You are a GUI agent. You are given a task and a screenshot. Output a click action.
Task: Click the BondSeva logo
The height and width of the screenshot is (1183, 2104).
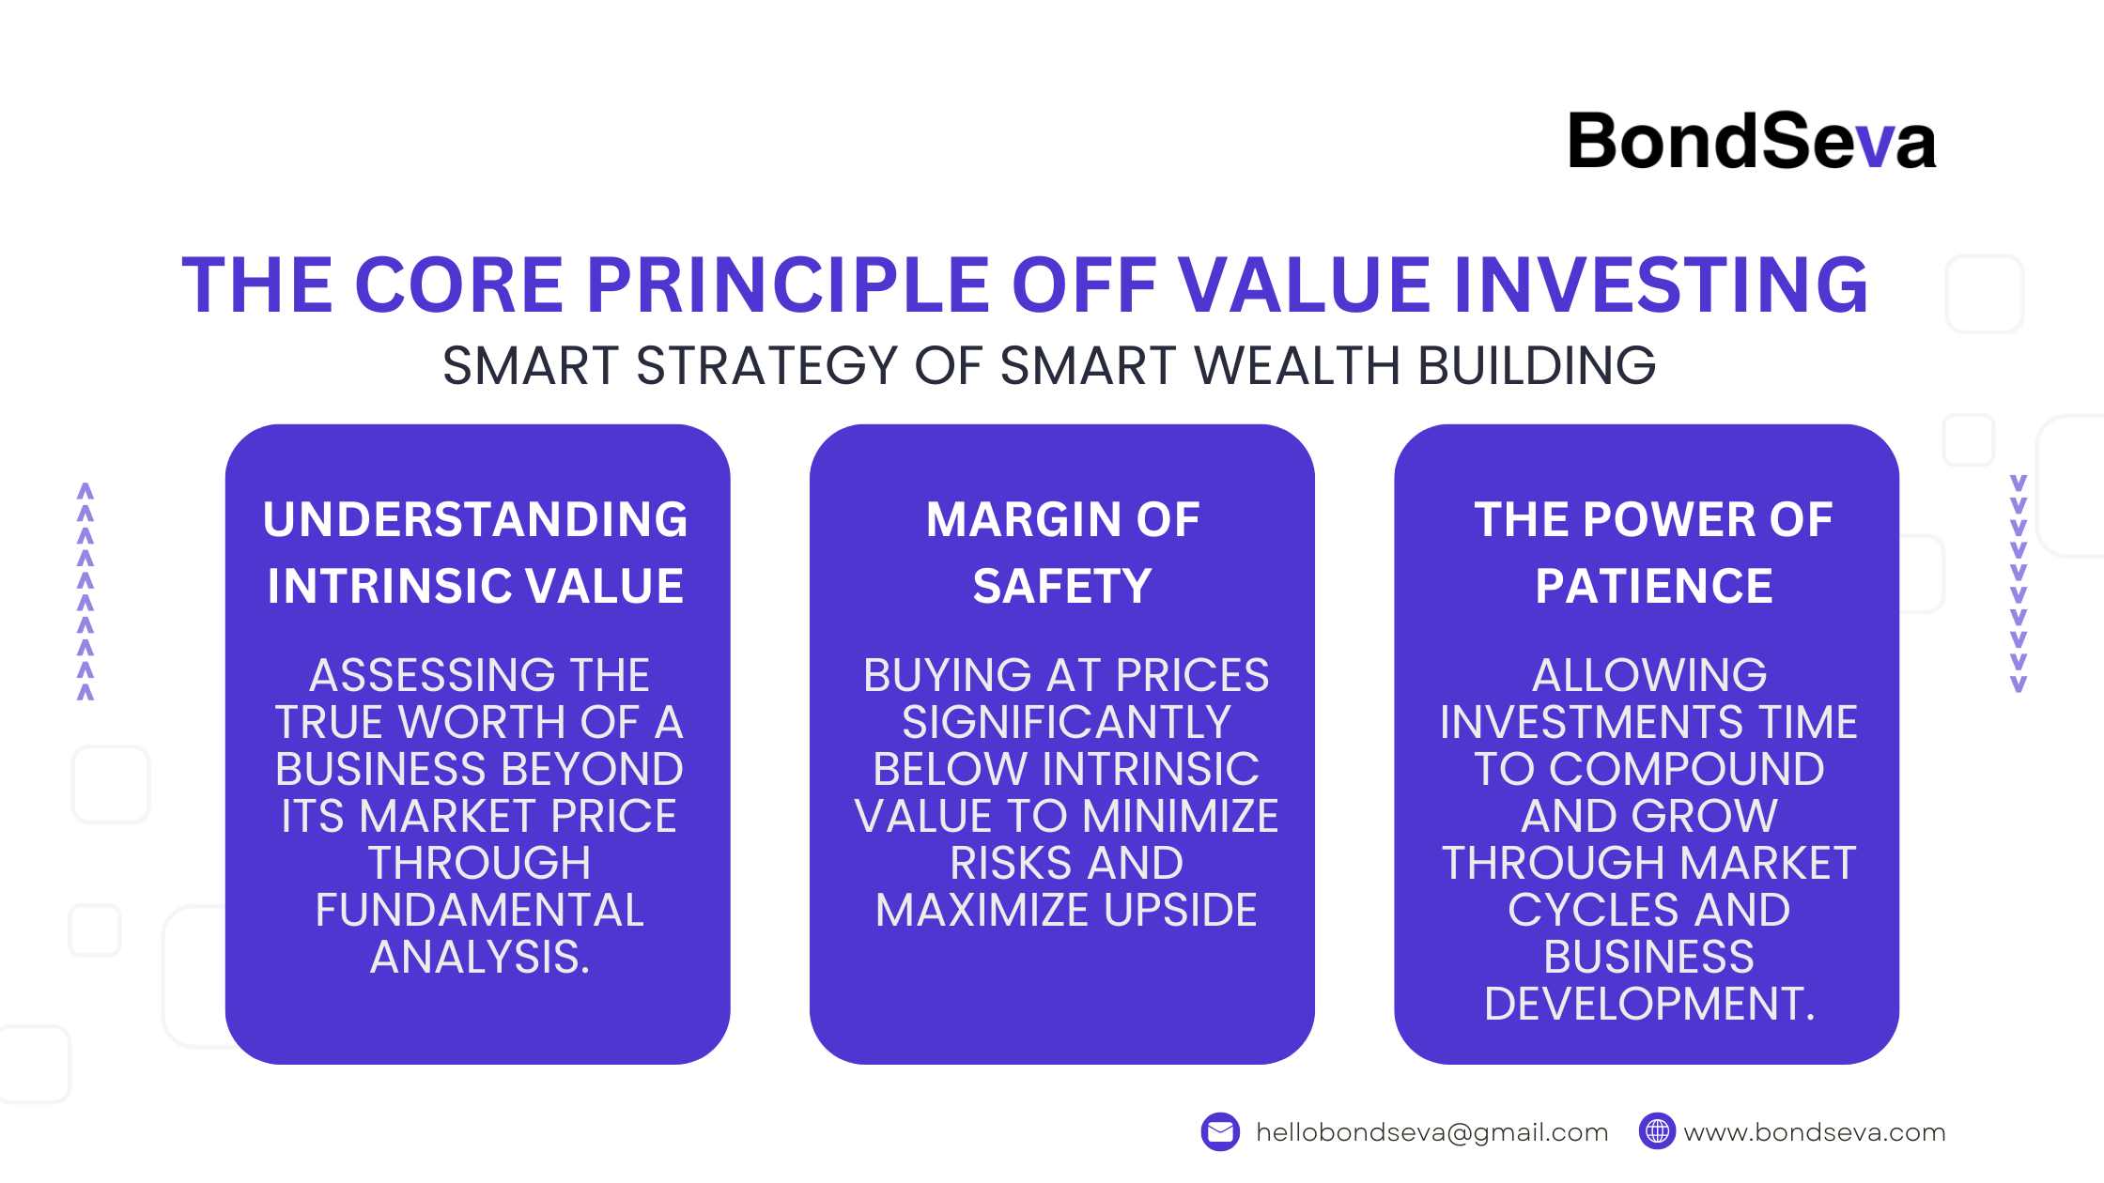(1752, 142)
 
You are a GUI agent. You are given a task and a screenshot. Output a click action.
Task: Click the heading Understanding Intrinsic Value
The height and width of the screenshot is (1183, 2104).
(476, 552)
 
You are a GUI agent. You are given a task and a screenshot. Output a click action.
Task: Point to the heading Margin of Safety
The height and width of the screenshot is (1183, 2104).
(1062, 552)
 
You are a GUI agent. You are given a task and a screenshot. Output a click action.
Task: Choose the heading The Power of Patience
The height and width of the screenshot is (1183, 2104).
(1653, 552)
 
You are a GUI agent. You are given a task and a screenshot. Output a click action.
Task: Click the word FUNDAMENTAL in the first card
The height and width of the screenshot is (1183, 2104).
(479, 910)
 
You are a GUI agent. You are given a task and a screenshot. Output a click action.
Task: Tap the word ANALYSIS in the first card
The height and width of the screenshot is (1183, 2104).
(480, 957)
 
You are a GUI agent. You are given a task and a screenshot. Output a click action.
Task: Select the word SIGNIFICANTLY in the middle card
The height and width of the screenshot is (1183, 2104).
(1066, 722)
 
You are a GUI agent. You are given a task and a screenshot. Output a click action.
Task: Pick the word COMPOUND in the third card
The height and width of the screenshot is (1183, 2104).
(1687, 769)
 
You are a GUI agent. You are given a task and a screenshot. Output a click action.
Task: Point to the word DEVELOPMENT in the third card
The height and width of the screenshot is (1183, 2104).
(1649, 1004)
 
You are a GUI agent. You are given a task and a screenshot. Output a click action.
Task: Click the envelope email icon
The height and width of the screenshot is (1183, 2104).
(1220, 1132)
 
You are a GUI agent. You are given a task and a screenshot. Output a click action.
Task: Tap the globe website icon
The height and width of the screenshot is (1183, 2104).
(1657, 1132)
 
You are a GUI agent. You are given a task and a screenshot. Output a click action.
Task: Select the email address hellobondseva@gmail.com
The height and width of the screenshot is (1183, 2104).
(1432, 1133)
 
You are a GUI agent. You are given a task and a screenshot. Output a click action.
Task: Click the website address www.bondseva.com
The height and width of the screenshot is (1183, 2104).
(1815, 1133)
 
